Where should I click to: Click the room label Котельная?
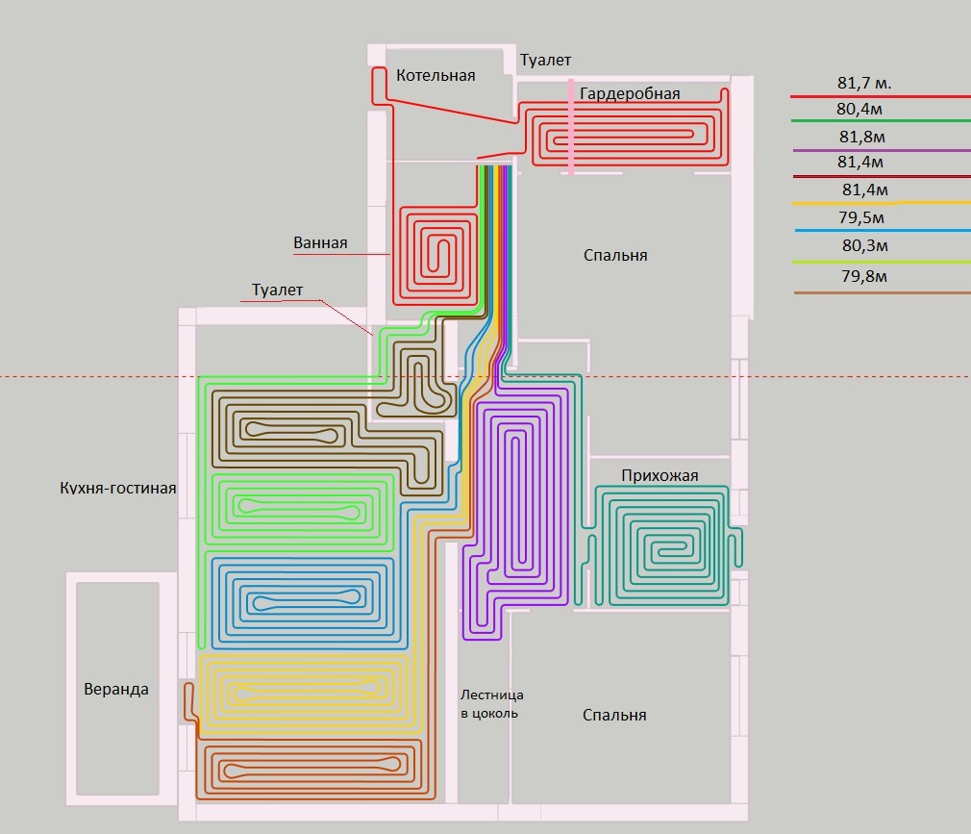point(436,75)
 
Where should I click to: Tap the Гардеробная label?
point(630,93)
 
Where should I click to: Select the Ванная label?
point(320,243)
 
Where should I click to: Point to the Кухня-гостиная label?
point(118,488)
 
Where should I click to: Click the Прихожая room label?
point(660,475)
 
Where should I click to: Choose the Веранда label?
point(116,689)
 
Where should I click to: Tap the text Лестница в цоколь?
point(491,703)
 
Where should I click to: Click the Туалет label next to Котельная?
point(545,61)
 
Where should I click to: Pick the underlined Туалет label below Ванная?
point(277,290)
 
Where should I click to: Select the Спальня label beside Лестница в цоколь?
point(614,715)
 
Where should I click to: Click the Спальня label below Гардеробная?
point(615,255)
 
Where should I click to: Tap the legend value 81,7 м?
point(864,84)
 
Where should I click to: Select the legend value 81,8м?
point(862,137)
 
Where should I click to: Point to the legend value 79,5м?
point(862,218)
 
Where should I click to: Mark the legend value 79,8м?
point(863,277)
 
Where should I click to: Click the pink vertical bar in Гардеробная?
point(572,127)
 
